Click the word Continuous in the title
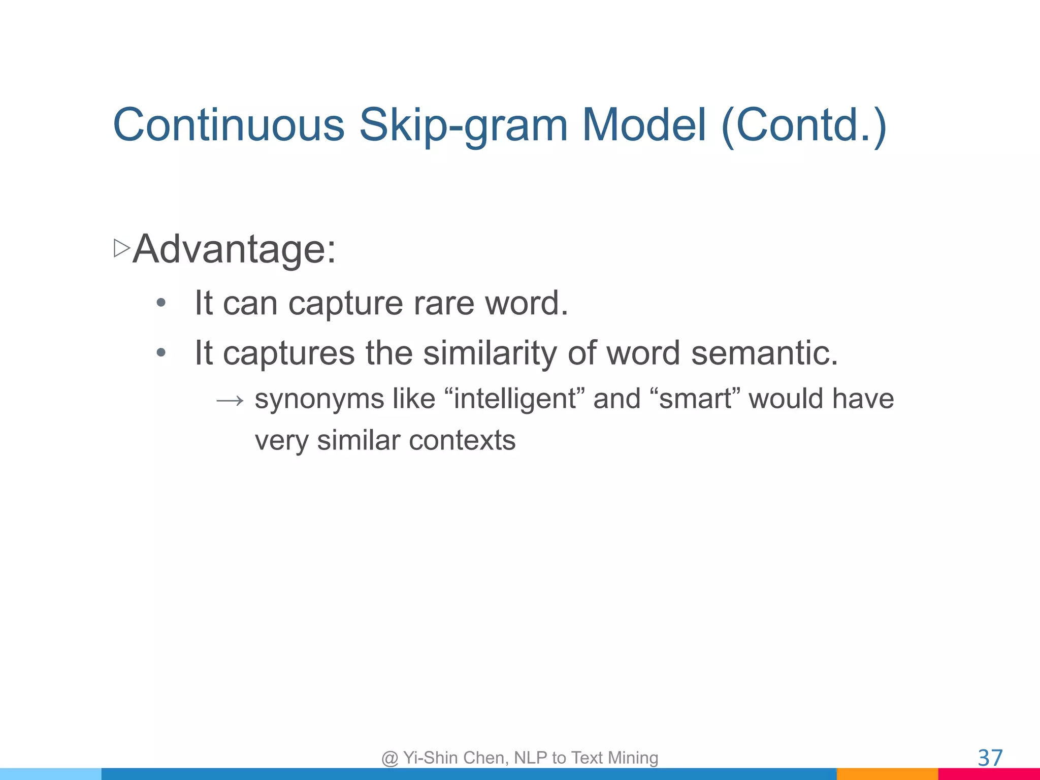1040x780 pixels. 229,125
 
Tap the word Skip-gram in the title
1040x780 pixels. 463,126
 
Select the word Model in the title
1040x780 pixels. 644,125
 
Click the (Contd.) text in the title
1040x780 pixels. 804,126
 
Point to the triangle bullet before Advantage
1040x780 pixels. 122,248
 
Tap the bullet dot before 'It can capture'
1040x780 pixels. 161,303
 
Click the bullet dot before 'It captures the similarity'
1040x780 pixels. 161,352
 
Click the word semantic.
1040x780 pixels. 764,353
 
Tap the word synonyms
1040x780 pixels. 319,399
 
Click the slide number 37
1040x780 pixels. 990,758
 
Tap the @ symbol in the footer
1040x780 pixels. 389,758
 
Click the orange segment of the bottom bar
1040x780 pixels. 887,774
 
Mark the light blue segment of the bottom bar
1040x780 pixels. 51,774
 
